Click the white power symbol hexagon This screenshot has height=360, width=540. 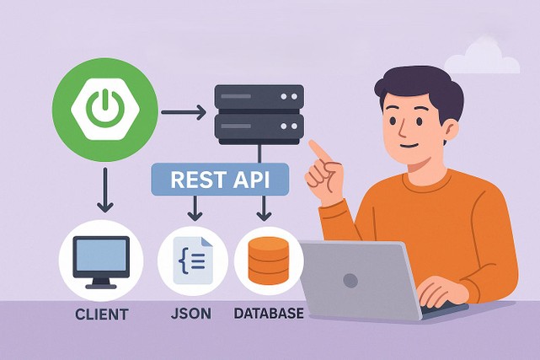[105, 110]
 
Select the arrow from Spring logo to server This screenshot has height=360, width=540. [184, 112]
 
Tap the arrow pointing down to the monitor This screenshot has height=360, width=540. [105, 190]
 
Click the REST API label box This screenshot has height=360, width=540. [220, 179]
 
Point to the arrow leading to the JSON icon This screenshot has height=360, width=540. [195, 208]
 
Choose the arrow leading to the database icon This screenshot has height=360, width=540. [264, 208]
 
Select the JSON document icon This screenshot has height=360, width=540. [193, 261]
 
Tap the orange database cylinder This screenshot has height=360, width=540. [269, 261]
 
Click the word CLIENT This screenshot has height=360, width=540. [102, 314]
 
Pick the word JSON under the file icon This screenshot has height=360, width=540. [191, 314]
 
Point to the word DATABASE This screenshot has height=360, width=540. [269, 314]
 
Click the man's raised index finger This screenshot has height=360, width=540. [319, 151]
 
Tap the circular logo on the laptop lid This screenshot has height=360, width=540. [350, 281]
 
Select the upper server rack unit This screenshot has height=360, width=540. [259, 97]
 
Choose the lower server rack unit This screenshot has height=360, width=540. [259, 126]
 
